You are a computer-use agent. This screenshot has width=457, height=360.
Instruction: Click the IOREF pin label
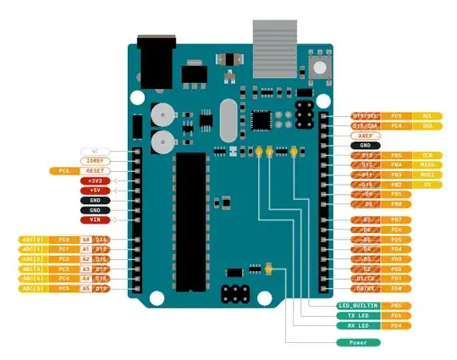click(x=94, y=161)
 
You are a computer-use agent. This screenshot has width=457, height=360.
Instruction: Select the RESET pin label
click(x=94, y=170)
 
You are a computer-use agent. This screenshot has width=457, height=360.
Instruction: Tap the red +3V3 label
click(x=94, y=181)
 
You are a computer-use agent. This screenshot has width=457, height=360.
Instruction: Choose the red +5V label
click(x=94, y=191)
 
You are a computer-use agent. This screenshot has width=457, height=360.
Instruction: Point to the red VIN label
click(x=94, y=219)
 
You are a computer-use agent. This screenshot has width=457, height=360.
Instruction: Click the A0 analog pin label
click(x=85, y=240)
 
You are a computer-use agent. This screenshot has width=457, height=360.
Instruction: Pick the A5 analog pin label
click(x=85, y=288)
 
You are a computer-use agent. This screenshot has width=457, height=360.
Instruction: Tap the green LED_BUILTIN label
click(x=358, y=305)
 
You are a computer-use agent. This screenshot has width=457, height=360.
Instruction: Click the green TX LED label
click(x=358, y=315)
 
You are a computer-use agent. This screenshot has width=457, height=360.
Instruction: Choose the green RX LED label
click(x=358, y=325)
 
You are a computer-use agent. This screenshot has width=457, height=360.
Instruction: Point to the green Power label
click(x=358, y=343)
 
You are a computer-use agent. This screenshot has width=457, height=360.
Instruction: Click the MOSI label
click(x=427, y=174)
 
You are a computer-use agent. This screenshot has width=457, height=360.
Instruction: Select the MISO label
click(x=427, y=164)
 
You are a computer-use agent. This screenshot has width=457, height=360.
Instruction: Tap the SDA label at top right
click(x=427, y=125)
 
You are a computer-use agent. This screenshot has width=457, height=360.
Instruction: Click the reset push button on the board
click(x=319, y=67)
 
